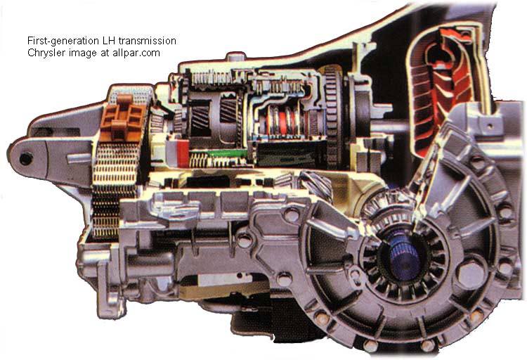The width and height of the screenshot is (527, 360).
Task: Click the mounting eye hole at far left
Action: click(25, 159)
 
